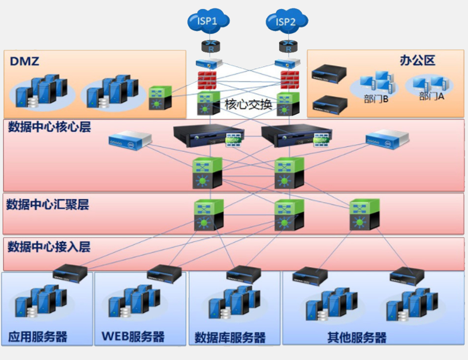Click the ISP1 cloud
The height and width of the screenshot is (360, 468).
209,21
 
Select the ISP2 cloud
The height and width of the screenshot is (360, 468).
287,21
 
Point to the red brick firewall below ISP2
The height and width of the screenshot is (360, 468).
290,80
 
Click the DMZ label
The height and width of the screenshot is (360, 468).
25,61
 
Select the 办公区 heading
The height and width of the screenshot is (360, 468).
418,61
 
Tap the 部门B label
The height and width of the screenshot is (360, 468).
376,98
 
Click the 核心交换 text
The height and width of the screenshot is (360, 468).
248,105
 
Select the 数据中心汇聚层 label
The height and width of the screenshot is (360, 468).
48,205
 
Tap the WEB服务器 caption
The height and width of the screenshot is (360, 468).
133,337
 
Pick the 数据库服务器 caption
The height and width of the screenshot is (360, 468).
230,338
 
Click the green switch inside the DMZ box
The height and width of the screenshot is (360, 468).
161,98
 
